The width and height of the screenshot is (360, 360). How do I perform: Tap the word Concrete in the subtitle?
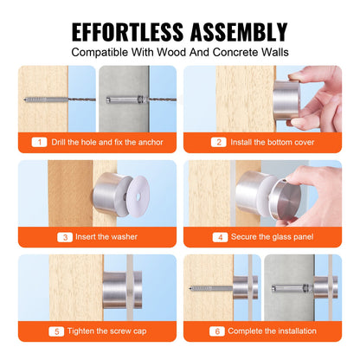pos(228,51)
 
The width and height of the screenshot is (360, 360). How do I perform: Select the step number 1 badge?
pos(39,142)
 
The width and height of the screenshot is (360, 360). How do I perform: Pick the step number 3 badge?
pos(39,236)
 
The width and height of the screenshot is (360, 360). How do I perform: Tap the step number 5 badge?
pos(39,330)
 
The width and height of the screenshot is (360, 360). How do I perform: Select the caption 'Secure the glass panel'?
pos(270,236)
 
